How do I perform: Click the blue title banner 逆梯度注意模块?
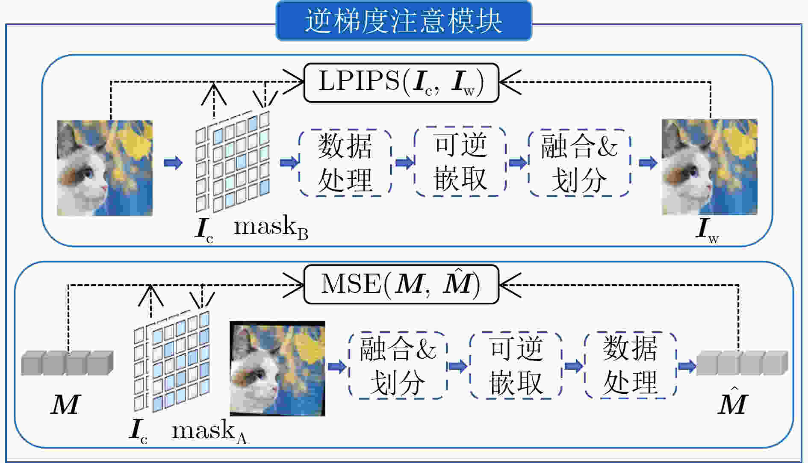(404, 21)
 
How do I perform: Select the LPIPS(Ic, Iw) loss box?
(401, 83)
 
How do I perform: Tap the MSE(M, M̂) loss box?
(401, 284)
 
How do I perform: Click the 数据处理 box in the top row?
(345, 162)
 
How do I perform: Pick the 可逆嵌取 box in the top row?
(460, 162)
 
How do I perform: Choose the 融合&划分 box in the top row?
(579, 162)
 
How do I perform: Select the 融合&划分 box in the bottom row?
(398, 366)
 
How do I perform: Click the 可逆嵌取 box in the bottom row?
(516, 366)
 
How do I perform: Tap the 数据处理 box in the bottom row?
(630, 366)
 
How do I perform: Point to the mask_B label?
(271, 228)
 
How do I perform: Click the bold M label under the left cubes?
(65, 404)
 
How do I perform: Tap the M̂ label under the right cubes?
(732, 400)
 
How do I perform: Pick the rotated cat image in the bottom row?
(277, 369)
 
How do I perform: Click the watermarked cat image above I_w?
(710, 167)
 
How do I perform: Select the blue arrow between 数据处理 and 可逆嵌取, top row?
(404, 162)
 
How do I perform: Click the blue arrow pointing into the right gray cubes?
(687, 366)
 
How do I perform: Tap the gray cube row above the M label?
(67, 363)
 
